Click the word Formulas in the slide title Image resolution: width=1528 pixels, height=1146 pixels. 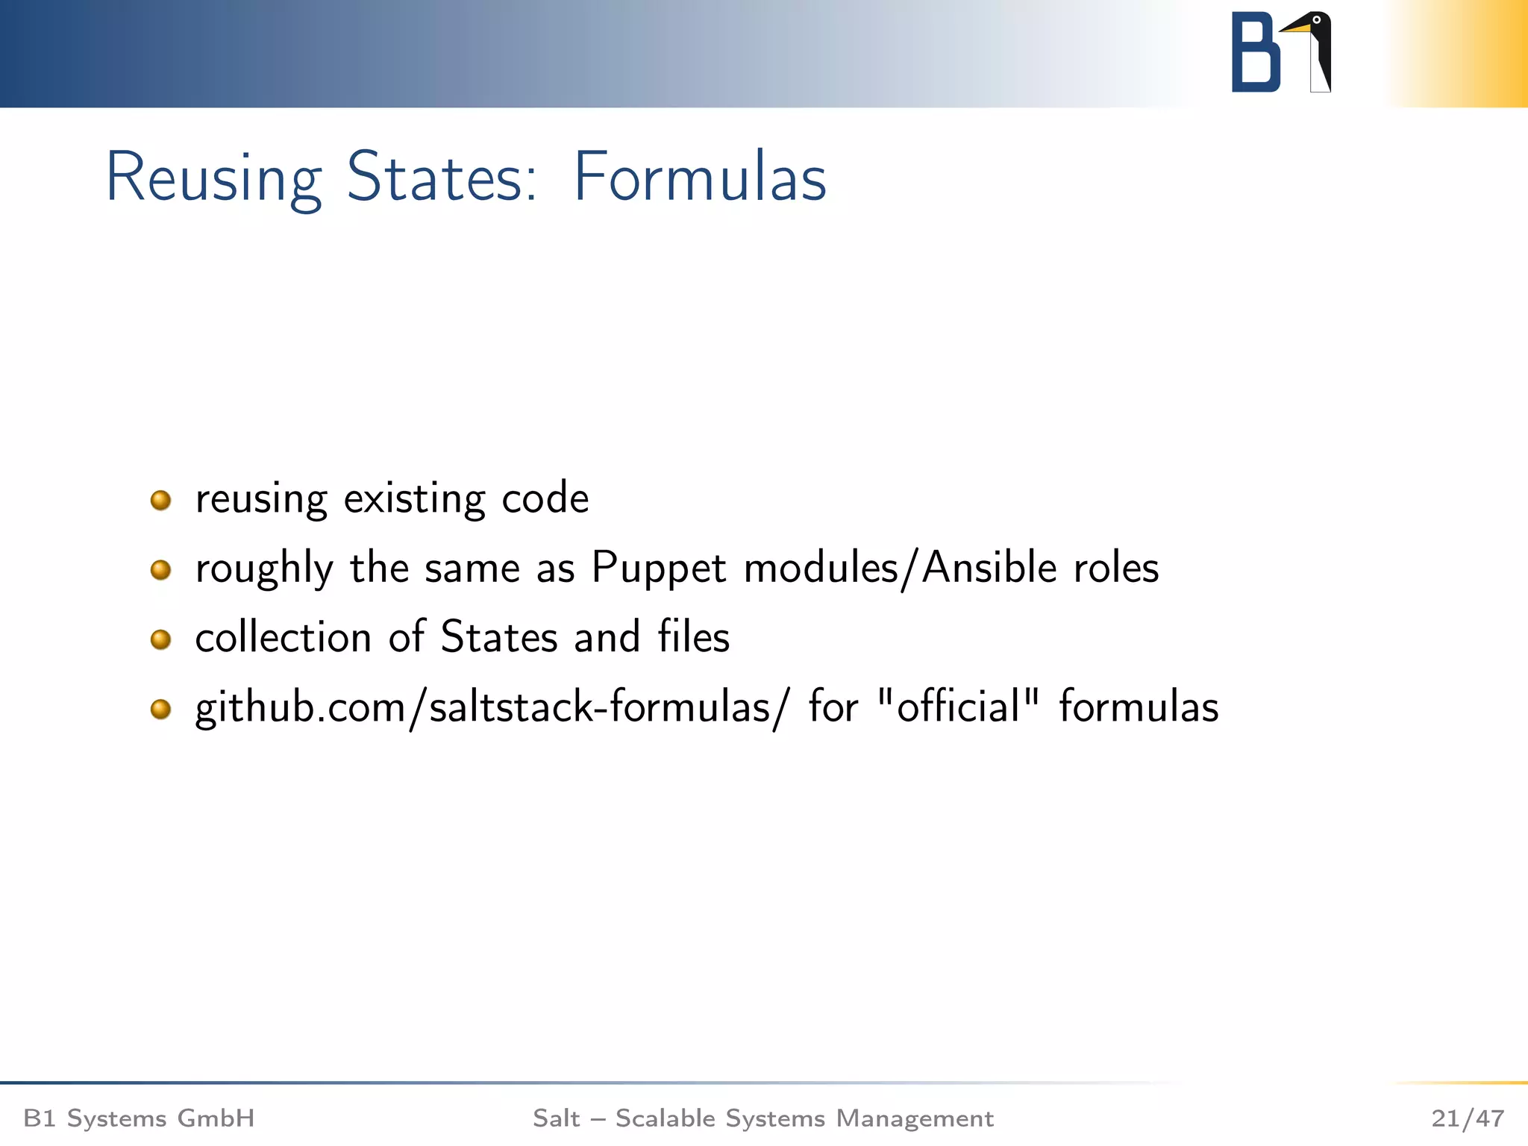[699, 178]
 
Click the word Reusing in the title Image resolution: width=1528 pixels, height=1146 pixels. [214, 178]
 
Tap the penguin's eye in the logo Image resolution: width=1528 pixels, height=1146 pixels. [1317, 20]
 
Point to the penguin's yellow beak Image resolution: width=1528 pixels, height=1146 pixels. [1296, 28]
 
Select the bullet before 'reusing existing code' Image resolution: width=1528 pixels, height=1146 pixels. [160, 500]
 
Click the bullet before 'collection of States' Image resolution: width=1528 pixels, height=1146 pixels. [160, 639]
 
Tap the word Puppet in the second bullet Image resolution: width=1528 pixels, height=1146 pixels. [658, 569]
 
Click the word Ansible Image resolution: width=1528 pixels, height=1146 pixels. [989, 569]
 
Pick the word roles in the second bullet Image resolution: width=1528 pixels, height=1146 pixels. [1116, 569]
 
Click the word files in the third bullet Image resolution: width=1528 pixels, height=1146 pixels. [693, 637]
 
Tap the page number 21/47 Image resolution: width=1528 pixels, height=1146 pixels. [1467, 1118]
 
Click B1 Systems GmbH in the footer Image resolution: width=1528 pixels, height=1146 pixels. [139, 1118]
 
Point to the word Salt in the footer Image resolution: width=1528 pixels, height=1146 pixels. [556, 1118]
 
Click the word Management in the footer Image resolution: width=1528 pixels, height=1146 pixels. [915, 1118]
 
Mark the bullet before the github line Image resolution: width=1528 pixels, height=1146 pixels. [160, 709]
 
